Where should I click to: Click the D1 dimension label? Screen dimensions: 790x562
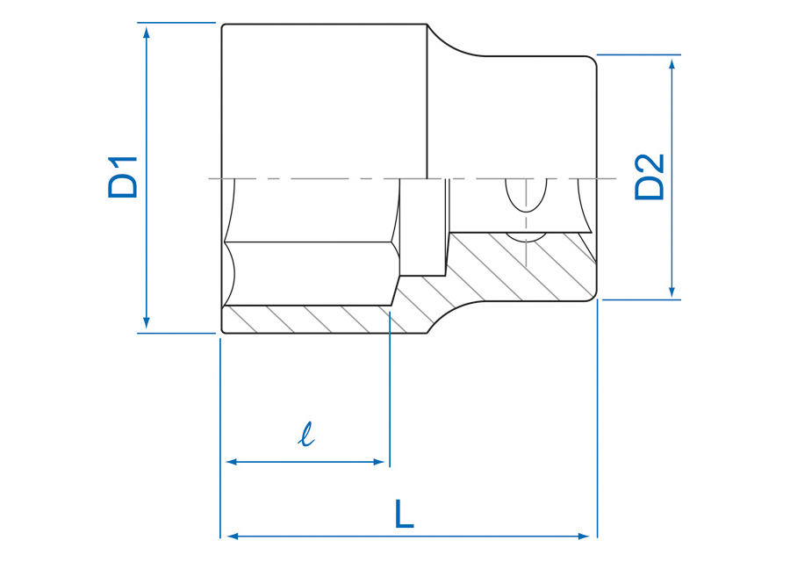tap(122, 177)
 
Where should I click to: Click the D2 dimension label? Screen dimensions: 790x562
tap(650, 177)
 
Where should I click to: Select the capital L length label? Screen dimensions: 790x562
tap(404, 514)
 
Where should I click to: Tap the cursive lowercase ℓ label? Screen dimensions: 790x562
tap(305, 435)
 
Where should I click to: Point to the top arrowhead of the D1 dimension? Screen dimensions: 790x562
tap(147, 32)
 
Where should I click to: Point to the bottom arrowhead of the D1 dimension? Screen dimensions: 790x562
tap(147, 322)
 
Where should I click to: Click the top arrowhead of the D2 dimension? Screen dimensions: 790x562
tap(671, 64)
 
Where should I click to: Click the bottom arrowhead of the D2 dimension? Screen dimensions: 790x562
tap(671, 292)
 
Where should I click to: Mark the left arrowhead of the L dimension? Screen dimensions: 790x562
tap(232, 537)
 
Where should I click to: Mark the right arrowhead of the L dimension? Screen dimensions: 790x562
tap(585, 537)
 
